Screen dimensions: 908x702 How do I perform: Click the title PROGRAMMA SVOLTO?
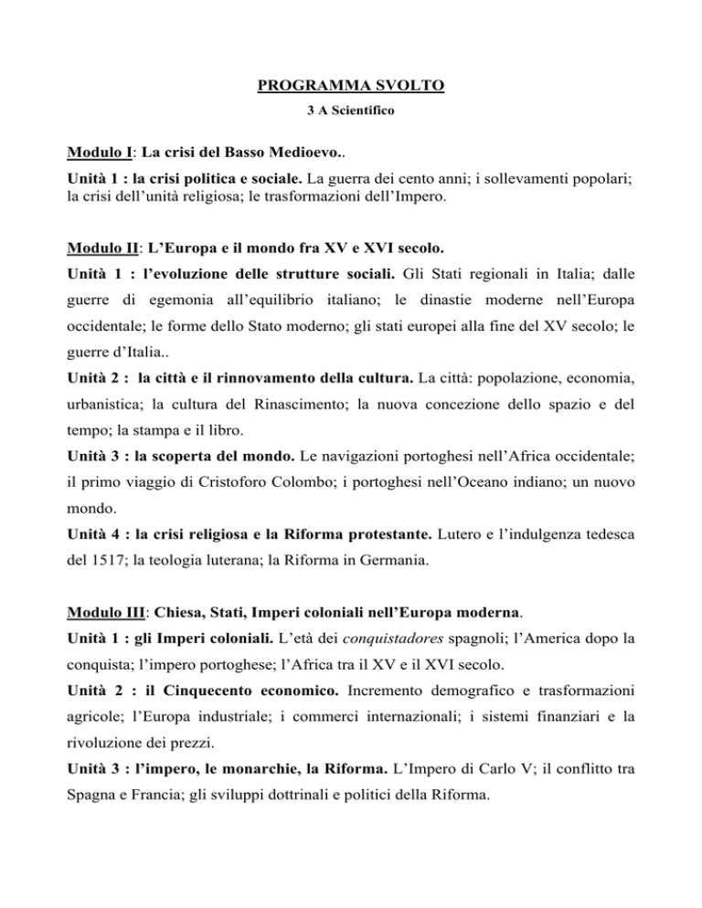(x=351, y=88)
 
